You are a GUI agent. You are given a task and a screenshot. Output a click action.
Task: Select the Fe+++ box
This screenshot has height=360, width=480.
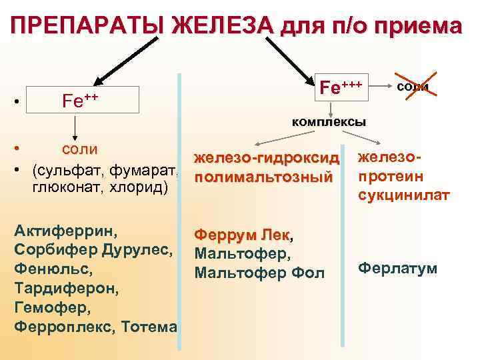(341, 87)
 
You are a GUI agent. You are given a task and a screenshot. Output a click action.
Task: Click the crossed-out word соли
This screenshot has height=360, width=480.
(413, 87)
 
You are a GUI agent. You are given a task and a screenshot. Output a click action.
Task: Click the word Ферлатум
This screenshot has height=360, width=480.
(397, 269)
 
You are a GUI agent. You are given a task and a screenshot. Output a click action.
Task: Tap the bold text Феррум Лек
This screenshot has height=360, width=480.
(241, 235)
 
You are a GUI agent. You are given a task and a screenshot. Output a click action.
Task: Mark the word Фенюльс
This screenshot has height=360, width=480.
(49, 270)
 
